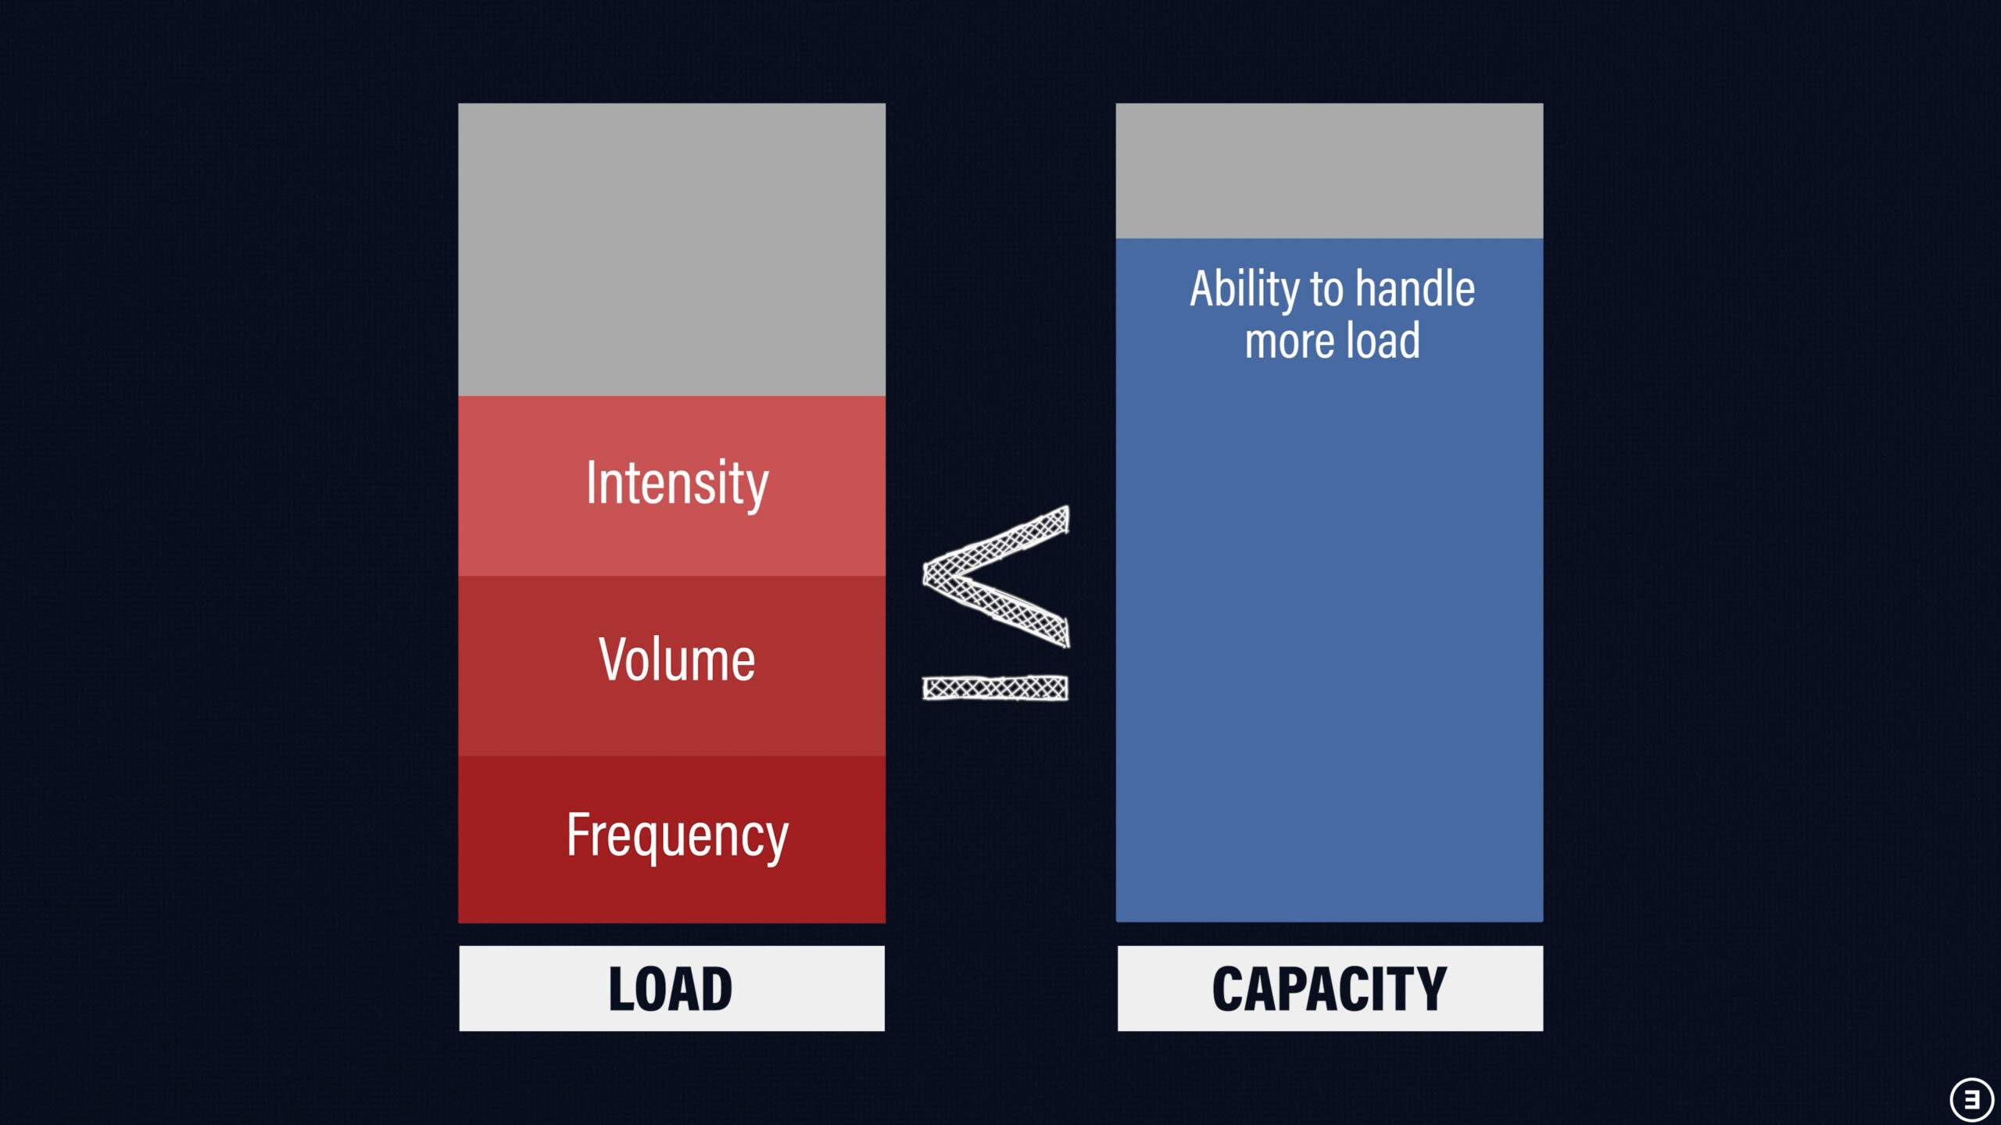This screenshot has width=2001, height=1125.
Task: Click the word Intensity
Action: [x=677, y=484]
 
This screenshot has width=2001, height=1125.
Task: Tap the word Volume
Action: [x=677, y=659]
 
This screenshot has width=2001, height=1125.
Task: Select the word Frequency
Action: [x=677, y=837]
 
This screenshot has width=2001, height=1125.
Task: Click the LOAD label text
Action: [x=671, y=989]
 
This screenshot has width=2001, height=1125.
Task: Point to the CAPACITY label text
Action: [x=1330, y=989]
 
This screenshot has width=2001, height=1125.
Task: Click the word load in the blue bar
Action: [x=1382, y=341]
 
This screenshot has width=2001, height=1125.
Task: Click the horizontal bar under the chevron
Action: [x=995, y=687]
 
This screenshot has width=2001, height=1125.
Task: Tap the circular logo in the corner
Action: [x=1972, y=1099]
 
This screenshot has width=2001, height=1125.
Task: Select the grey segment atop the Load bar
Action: [x=671, y=249]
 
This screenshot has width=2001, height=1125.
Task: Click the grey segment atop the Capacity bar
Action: [x=1330, y=170]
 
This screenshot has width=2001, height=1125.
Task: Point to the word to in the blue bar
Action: [x=1327, y=291]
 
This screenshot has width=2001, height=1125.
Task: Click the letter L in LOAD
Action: [x=621, y=989]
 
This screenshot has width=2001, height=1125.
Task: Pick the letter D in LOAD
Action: [x=718, y=989]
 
